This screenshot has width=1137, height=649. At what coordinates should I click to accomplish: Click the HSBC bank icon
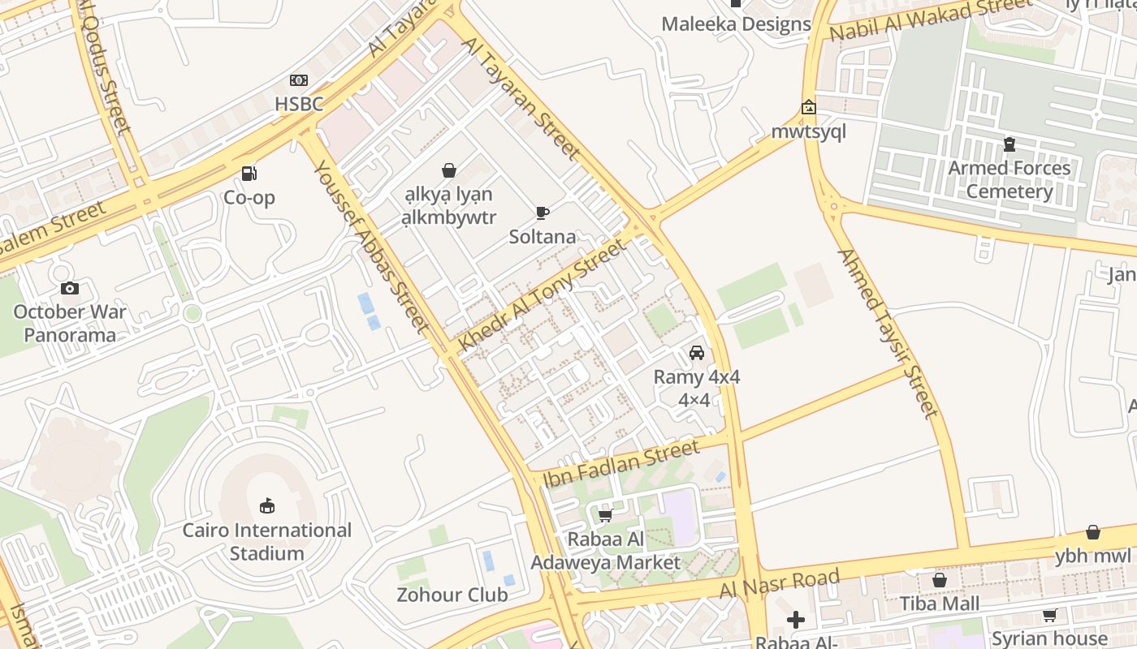tap(299, 80)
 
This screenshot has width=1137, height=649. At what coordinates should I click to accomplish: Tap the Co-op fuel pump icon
tap(249, 173)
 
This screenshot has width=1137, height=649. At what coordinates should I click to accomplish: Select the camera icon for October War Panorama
tap(70, 288)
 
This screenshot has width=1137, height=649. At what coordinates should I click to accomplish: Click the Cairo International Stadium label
tap(266, 542)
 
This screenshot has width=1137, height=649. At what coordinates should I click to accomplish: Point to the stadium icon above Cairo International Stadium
tap(266, 506)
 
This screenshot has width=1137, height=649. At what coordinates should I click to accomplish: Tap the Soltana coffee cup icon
tap(543, 213)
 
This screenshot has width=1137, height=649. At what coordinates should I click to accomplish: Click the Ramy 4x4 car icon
tap(697, 353)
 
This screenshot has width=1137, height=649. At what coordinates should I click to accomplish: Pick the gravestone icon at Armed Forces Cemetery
tap(1009, 144)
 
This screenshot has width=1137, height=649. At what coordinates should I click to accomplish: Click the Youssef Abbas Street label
tap(371, 246)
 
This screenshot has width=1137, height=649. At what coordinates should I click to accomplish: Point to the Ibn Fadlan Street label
tap(621, 463)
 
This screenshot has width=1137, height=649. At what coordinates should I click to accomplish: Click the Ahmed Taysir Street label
tap(888, 333)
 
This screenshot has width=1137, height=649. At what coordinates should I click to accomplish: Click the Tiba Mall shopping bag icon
tap(940, 580)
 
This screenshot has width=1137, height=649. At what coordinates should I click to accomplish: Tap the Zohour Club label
tap(452, 595)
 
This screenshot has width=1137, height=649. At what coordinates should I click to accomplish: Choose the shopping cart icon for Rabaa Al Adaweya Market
tap(605, 515)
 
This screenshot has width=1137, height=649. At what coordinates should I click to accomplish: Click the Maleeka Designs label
tap(736, 24)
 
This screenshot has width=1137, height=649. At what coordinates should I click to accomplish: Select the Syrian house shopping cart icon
tap(1049, 616)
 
